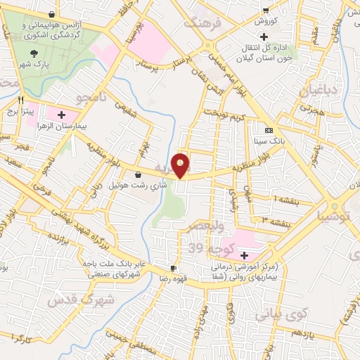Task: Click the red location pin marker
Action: pos(181,165)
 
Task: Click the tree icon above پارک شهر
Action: pos(32,53)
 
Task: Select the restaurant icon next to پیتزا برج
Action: pos(22,100)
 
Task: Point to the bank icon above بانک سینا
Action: pos(269,130)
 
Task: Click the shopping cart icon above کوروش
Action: pos(266,11)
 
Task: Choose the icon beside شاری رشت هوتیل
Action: pos(138,174)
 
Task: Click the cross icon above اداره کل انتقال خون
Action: pos(264,37)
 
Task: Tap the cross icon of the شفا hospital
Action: pos(244,255)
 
